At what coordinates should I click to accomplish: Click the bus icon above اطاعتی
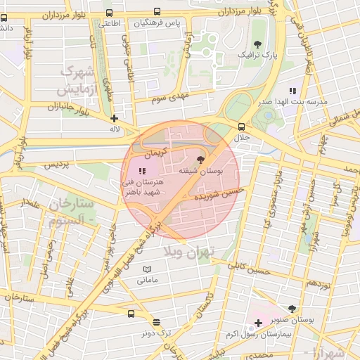108,13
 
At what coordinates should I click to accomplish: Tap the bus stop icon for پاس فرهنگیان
156,12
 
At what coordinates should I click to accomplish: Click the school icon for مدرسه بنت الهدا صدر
292,91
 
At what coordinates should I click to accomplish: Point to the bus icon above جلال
241,127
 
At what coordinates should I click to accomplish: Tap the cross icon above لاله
114,119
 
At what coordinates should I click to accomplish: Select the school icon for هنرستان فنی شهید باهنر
141,171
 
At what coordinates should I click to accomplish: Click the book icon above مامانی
147,270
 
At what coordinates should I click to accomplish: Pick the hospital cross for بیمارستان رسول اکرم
259,323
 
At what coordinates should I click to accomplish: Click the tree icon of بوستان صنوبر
292,309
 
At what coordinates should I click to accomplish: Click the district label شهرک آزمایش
77,80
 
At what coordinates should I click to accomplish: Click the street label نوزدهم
319,283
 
